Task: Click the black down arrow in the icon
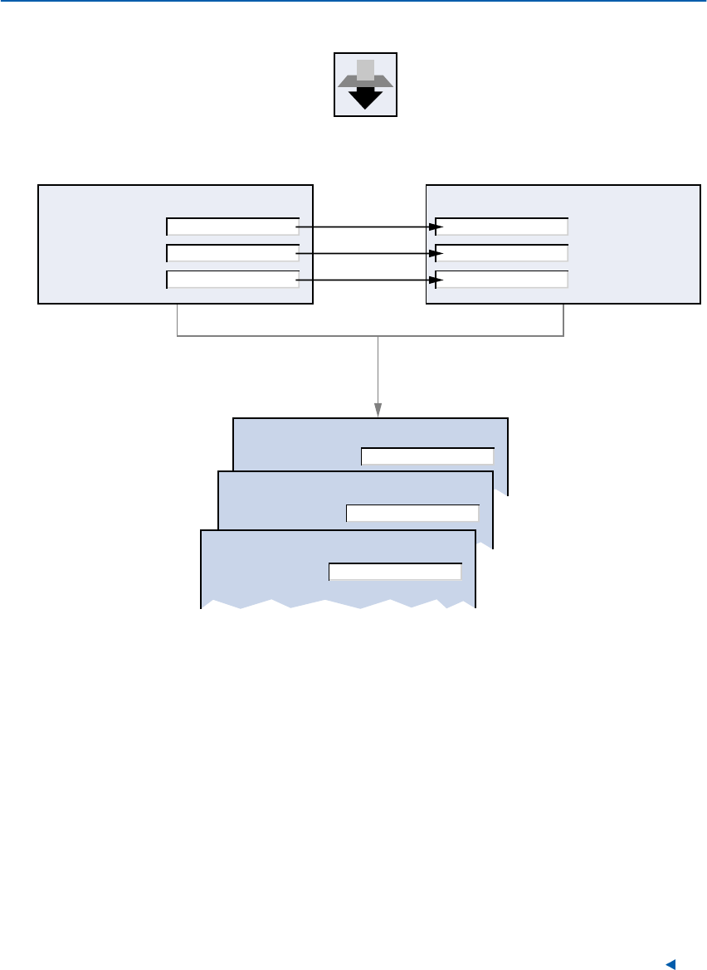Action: pyautogui.click(x=365, y=98)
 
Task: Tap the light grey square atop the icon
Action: pyautogui.click(x=365, y=69)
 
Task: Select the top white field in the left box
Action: pyautogui.click(x=232, y=227)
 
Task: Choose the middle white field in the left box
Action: pyautogui.click(x=232, y=253)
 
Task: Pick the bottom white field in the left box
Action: pyautogui.click(x=232, y=280)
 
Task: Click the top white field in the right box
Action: pyautogui.click(x=502, y=227)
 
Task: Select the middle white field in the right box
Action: pyautogui.click(x=502, y=253)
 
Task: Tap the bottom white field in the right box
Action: pyautogui.click(x=502, y=280)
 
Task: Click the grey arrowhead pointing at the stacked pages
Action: pyautogui.click(x=378, y=410)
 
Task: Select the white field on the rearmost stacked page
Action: pyautogui.click(x=427, y=456)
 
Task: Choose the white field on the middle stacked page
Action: pyautogui.click(x=412, y=513)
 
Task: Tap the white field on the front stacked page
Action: pyautogui.click(x=395, y=571)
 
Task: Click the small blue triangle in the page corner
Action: pyautogui.click(x=671, y=963)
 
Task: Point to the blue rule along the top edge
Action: pyautogui.click(x=353, y=2)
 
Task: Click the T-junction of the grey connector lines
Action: pyautogui.click(x=378, y=336)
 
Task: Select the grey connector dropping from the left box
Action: pyautogui.click(x=178, y=319)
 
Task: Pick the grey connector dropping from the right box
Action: pyautogui.click(x=564, y=319)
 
